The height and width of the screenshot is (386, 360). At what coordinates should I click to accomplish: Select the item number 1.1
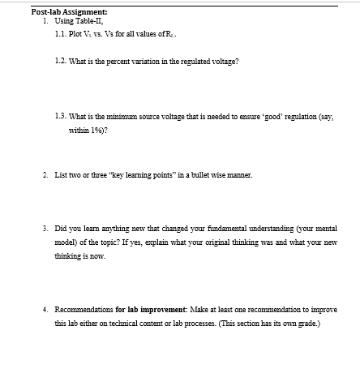click(x=60, y=34)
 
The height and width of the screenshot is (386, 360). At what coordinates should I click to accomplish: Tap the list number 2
click(x=45, y=174)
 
